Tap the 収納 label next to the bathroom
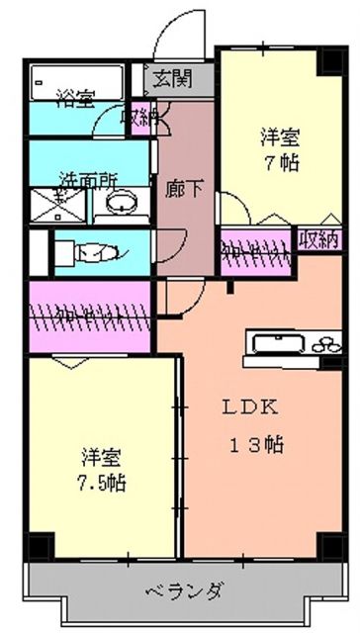[x=137, y=117]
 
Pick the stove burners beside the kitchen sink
[x=325, y=345]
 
